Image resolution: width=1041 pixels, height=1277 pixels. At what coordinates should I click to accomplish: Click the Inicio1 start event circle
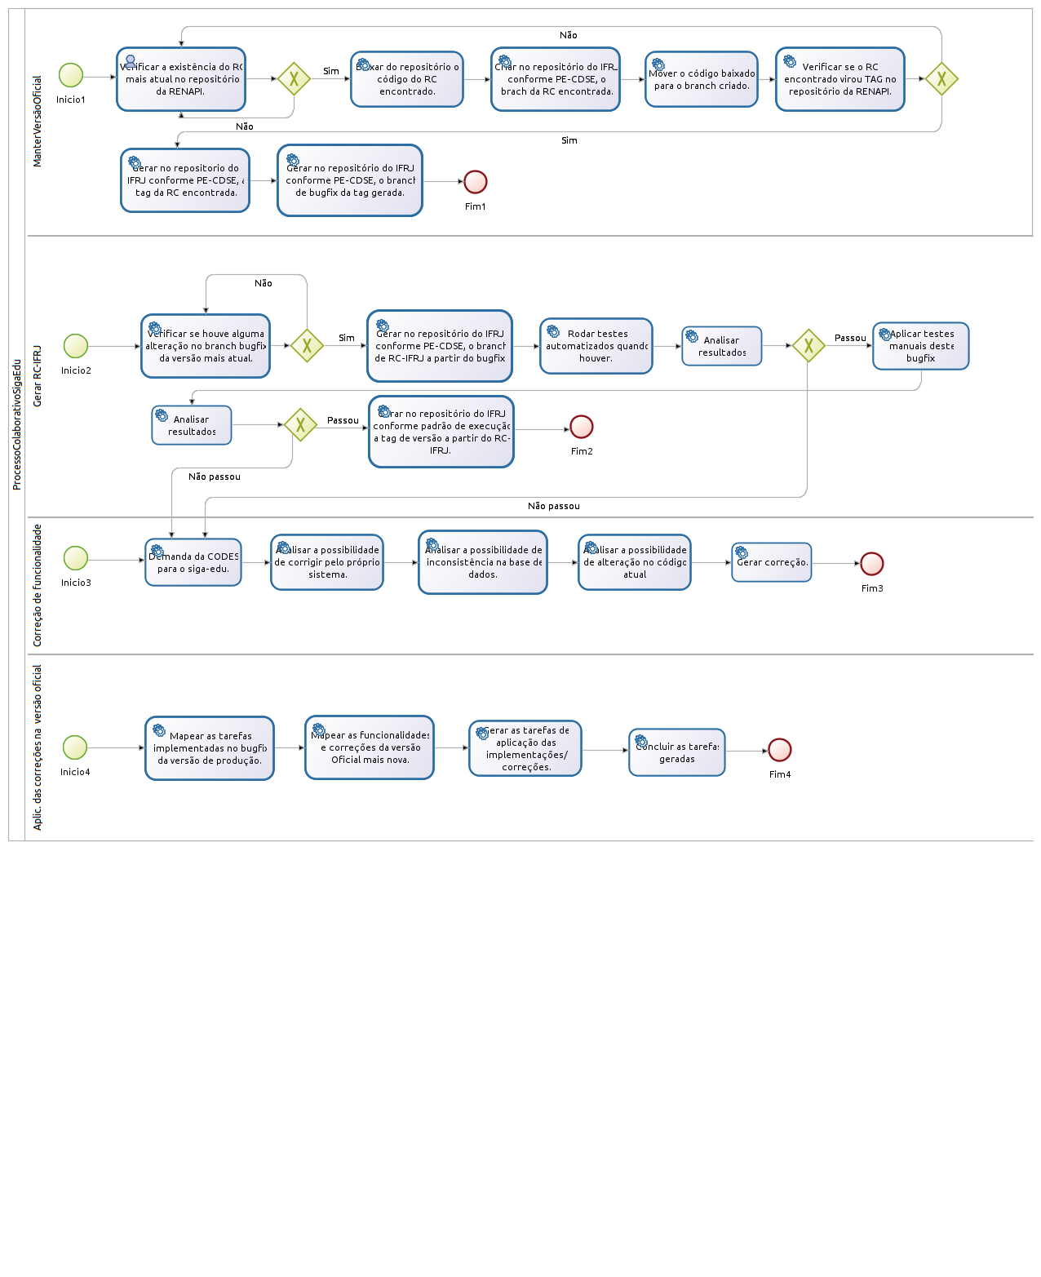pos(71,75)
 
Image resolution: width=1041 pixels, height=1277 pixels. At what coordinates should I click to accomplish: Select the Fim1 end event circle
pos(476,182)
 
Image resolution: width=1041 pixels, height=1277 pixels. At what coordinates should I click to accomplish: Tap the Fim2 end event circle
pos(582,427)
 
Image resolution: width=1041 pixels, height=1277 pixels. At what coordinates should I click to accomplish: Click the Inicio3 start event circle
pos(76,558)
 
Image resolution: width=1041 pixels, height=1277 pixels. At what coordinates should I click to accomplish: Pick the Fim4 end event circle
pos(780,750)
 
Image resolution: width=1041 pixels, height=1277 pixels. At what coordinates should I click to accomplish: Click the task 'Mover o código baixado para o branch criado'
pos(702,79)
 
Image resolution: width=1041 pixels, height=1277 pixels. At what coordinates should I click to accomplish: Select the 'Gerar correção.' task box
pos(772,562)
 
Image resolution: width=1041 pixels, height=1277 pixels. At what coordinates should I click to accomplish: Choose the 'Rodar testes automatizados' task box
pos(596,346)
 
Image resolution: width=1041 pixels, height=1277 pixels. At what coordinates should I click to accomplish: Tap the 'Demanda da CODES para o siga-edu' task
pos(193,562)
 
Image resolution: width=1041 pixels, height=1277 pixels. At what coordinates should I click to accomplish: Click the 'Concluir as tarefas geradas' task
pos(677,752)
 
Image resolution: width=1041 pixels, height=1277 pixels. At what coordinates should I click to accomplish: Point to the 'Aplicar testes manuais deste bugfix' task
pos(921,346)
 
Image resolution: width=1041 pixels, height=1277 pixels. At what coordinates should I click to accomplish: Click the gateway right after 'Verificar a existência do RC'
pos(294,79)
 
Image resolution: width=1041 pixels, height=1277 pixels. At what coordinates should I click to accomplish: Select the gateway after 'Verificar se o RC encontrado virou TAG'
pos(941,79)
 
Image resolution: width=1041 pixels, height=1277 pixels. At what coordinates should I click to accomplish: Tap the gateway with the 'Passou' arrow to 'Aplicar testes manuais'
pos(808,346)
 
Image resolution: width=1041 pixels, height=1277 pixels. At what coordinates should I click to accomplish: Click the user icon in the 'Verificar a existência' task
pos(131,61)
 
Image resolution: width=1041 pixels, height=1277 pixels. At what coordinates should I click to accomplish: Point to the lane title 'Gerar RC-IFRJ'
pos(37,376)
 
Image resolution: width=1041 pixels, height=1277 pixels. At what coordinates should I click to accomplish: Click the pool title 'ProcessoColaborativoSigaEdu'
pos(16,424)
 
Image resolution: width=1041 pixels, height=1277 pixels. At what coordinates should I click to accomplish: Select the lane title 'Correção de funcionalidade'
pos(37,585)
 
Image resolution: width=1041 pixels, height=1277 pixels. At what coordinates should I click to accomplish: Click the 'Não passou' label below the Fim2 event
pos(553,506)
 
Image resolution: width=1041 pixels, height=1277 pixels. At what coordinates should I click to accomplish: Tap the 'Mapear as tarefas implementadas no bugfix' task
pos(210,748)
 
